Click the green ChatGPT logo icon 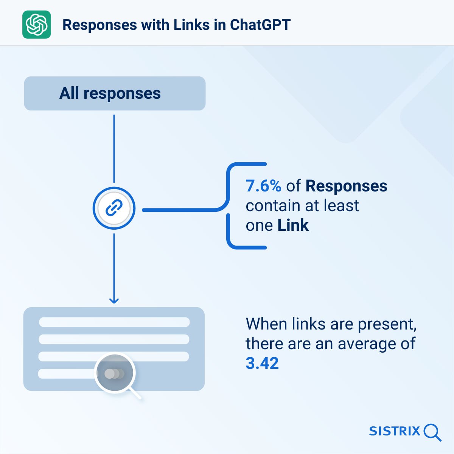pyautogui.click(x=37, y=25)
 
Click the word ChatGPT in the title pyautogui.click(x=260, y=25)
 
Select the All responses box pyautogui.click(x=115, y=93)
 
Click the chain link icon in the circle pyautogui.click(x=114, y=208)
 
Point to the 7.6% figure pyautogui.click(x=263, y=186)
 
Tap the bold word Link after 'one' pyautogui.click(x=293, y=225)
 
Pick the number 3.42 pyautogui.click(x=262, y=363)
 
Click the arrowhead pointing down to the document pyautogui.click(x=114, y=301)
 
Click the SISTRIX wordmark pyautogui.click(x=395, y=431)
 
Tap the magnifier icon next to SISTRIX pyautogui.click(x=432, y=432)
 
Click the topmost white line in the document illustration pyautogui.click(x=114, y=322)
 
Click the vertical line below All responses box pyautogui.click(x=114, y=149)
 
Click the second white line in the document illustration pyautogui.click(x=114, y=339)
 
